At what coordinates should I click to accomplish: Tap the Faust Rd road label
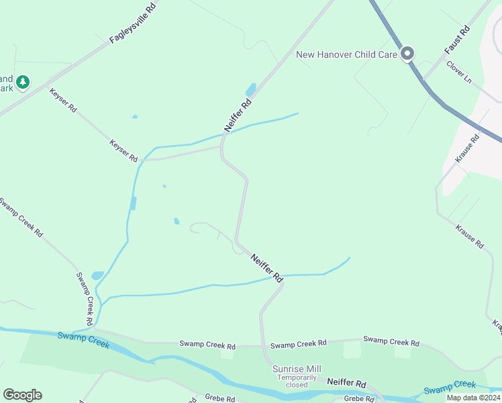pos(458,41)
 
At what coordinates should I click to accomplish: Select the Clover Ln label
pos(459,75)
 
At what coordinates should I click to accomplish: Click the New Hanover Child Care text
pos(347,54)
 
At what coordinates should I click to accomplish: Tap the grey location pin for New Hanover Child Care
pos(407,54)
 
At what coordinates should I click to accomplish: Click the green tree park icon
pos(23,82)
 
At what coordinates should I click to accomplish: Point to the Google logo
pos(22,395)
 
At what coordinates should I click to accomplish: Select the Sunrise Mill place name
pos(296,369)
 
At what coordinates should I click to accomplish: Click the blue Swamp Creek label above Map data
pos(450,387)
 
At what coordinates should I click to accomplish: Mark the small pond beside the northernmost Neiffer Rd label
pos(251,89)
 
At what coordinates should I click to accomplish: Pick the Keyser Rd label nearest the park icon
pos(63,100)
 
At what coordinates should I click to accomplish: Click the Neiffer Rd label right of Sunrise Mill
pos(347,384)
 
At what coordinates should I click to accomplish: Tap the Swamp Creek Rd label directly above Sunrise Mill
pos(298,345)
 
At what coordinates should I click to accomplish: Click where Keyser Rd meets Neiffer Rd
pos(221,147)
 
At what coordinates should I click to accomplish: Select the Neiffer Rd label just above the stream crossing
pos(266,267)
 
